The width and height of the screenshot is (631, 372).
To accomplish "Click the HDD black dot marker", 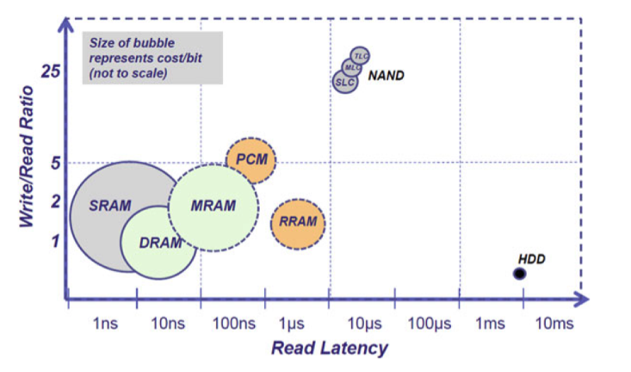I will click(x=519, y=274).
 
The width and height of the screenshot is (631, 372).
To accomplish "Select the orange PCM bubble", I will click(x=251, y=159).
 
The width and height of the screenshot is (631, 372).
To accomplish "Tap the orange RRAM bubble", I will click(x=299, y=222).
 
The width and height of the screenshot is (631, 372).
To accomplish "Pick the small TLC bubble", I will click(x=361, y=56).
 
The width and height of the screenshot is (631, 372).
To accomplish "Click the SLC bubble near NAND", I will click(x=344, y=81).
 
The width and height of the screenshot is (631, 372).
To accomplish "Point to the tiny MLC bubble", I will click(x=352, y=67).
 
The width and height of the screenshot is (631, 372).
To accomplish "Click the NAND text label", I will click(x=386, y=76).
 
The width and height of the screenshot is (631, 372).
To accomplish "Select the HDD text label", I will click(x=532, y=259).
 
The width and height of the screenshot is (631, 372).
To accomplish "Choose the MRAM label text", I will click(x=213, y=206).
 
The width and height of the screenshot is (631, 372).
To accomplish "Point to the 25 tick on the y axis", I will click(x=49, y=71).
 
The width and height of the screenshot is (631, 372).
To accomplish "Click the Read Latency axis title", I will click(x=330, y=349).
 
